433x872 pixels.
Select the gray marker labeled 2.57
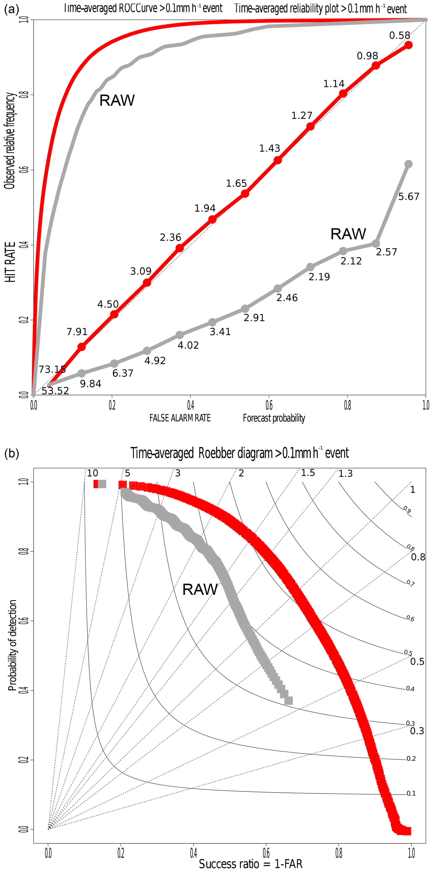click(x=375, y=243)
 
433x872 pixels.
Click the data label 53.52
click(x=55, y=391)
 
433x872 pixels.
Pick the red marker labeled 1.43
click(x=278, y=160)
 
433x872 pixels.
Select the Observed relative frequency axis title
click(x=10, y=141)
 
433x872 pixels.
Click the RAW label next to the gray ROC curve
click(x=117, y=101)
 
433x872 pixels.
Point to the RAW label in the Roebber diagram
click(x=200, y=590)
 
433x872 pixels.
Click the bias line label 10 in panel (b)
click(x=92, y=473)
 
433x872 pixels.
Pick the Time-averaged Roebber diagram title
click(x=239, y=453)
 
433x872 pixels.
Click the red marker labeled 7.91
click(x=81, y=347)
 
